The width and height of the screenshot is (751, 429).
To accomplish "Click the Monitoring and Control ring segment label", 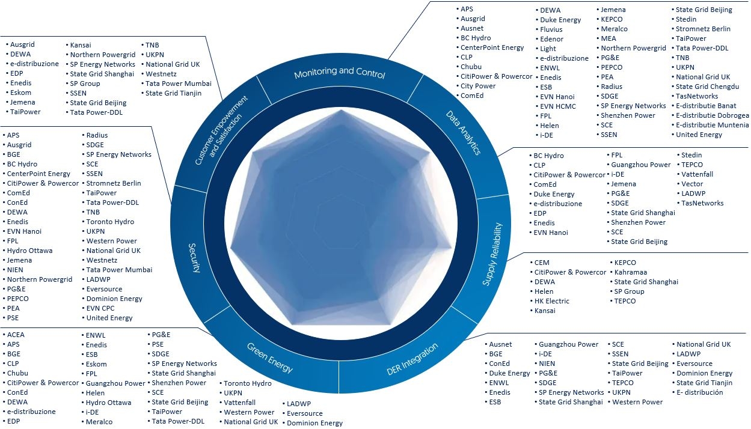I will (339, 73).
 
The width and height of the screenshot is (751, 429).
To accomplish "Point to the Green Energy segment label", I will (270, 357).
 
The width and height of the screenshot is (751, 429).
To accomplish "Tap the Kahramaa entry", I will (630, 272).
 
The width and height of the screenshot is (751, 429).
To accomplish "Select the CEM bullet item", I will (542, 263).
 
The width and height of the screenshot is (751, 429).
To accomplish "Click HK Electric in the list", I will (551, 301).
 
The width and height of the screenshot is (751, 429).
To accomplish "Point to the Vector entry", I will (692, 184).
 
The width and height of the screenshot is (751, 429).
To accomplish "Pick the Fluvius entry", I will (551, 29).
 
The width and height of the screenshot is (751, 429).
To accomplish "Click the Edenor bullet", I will (552, 39).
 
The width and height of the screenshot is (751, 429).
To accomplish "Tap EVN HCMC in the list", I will (557, 106).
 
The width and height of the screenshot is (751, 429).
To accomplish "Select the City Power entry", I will (478, 86).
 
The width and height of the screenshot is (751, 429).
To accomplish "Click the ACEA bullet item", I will (16, 335).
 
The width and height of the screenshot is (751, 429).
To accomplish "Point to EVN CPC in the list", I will (100, 308).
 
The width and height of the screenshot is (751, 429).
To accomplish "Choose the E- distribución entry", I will (700, 392).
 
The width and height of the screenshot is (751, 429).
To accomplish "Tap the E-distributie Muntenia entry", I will (712, 125).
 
